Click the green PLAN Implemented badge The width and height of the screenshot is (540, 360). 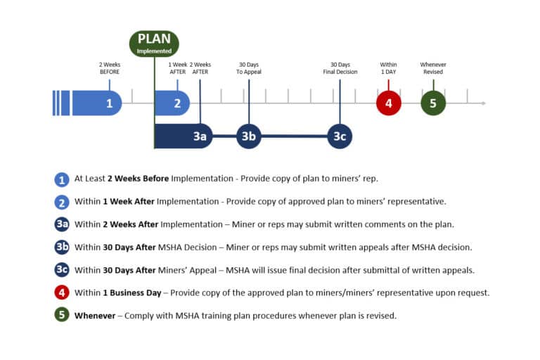(154, 43)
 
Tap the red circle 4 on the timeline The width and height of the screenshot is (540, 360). (388, 103)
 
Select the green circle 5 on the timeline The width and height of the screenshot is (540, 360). (433, 103)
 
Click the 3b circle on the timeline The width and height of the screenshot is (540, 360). (248, 136)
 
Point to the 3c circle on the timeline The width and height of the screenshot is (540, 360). (340, 136)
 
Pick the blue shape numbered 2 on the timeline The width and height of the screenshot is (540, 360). (172, 103)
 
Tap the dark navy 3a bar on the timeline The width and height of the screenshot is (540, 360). (183, 136)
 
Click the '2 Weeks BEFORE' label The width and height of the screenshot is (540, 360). (109, 68)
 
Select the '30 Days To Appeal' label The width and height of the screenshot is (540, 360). (249, 68)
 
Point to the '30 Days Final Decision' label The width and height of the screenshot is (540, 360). (340, 68)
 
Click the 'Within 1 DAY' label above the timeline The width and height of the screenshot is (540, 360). (388, 68)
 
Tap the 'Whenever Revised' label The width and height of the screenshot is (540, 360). (433, 68)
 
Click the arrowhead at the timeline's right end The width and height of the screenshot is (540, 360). (482, 103)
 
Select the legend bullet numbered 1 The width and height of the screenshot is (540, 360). (62, 179)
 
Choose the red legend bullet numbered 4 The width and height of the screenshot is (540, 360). (62, 292)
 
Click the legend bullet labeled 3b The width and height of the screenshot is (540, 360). (62, 247)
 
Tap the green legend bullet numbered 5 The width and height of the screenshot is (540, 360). (62, 315)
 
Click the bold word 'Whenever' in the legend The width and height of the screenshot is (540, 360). (94, 316)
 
